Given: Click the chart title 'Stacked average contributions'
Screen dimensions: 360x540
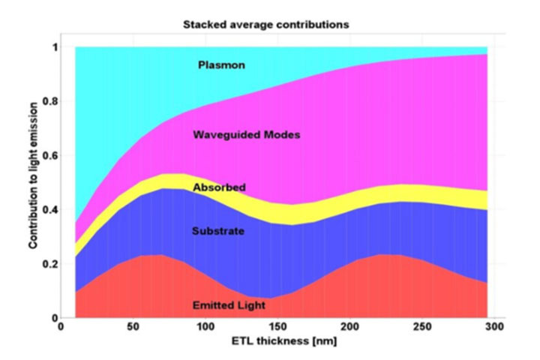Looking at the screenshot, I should click(265, 25).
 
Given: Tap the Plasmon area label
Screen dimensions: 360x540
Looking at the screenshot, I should click(221, 65).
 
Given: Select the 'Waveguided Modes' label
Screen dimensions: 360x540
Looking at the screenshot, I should click(236, 136).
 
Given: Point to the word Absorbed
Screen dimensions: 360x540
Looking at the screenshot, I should click(219, 187).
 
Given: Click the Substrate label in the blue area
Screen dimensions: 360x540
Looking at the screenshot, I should click(218, 231).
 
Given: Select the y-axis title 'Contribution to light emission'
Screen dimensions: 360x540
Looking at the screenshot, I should click(32, 182).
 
